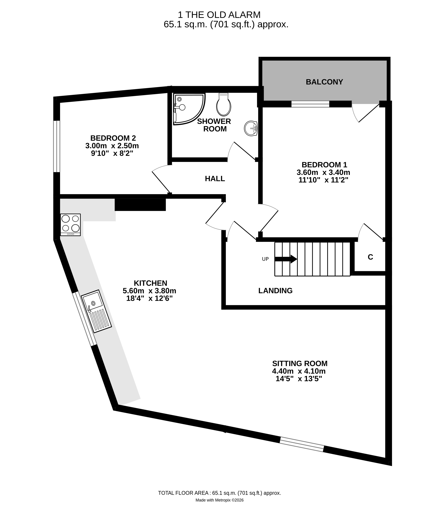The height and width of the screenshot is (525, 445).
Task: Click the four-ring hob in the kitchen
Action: [70, 224]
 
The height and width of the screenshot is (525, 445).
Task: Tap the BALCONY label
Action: [324, 82]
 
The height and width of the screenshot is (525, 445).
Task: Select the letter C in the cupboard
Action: [370, 257]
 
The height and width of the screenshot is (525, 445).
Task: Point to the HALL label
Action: [215, 179]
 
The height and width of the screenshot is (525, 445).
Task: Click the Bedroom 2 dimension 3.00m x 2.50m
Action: [112, 146]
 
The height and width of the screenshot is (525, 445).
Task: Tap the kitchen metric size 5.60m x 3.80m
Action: [149, 291]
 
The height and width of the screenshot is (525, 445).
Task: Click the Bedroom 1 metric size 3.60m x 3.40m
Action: [323, 172]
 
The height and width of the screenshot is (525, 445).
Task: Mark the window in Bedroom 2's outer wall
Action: [57, 146]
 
